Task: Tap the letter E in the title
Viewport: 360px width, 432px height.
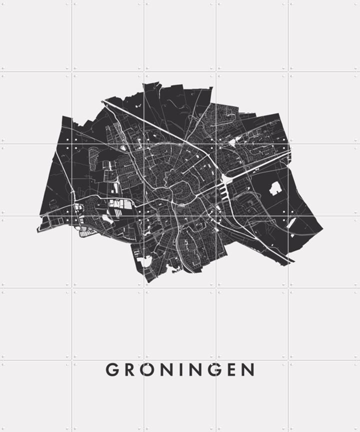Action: (229, 370)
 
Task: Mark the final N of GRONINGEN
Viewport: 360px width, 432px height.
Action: (247, 370)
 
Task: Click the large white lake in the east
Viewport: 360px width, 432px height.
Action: (275, 188)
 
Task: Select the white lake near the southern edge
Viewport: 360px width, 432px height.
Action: (145, 261)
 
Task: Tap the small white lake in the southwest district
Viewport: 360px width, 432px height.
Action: (107, 218)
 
